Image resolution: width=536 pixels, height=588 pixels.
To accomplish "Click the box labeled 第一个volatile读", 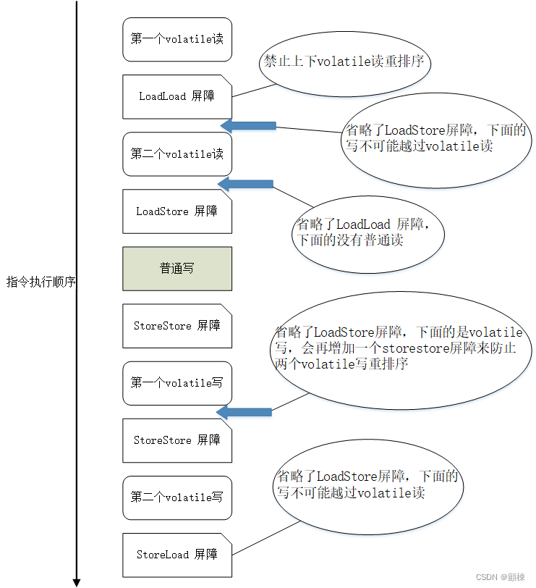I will click(177, 39).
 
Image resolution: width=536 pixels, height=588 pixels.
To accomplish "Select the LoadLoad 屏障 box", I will click(177, 96).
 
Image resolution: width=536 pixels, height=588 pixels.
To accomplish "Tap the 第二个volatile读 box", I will click(177, 154).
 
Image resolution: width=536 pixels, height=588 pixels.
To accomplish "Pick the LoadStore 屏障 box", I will click(177, 211).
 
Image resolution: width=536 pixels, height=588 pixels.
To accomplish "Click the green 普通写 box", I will click(177, 269).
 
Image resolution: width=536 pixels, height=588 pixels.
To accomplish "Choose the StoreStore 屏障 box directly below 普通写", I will click(177, 326).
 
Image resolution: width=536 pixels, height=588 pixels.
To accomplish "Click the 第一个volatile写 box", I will click(177, 383).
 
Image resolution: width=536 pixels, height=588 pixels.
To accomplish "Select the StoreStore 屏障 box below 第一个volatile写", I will click(177, 440).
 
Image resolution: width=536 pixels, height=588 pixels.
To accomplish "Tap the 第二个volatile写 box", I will click(177, 497).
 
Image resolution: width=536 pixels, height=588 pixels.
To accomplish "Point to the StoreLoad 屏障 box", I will click(177, 555).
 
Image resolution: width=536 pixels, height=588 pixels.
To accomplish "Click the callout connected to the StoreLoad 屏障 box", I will click(369, 485).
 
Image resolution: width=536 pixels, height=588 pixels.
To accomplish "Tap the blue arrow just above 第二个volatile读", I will click(247, 126).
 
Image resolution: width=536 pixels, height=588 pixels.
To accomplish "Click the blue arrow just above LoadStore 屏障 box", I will click(245, 184).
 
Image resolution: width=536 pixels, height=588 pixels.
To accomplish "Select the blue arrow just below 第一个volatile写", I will click(244, 413).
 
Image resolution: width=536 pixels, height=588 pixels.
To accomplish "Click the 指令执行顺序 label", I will click(41, 282).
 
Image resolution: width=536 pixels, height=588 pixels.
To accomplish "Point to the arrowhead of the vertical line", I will click(76, 581).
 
